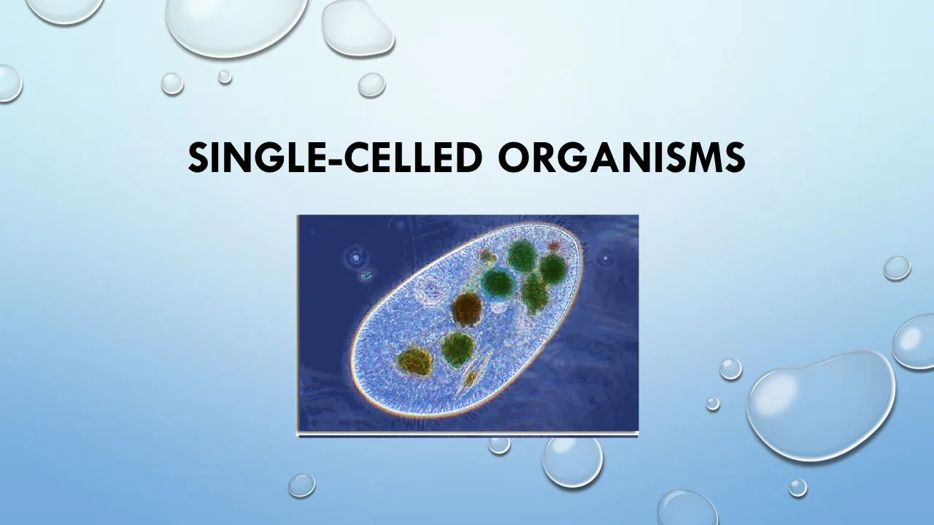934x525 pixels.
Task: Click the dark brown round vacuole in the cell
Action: [x=467, y=308]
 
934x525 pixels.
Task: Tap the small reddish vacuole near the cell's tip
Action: [x=554, y=246]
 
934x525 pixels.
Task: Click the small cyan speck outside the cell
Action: [x=366, y=276]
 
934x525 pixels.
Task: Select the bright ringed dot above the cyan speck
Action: [x=356, y=256]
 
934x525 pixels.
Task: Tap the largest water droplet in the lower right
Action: [x=822, y=404]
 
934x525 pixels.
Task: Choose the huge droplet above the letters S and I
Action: [x=235, y=26]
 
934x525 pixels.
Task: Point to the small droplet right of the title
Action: [x=897, y=268]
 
